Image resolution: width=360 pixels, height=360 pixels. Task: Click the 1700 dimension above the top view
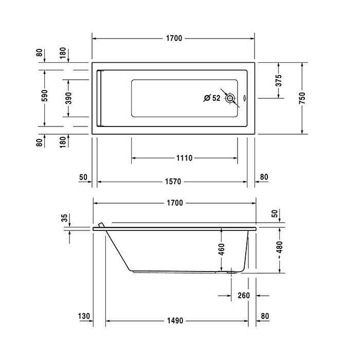point(174,39)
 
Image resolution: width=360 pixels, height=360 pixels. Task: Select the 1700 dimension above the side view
point(174,203)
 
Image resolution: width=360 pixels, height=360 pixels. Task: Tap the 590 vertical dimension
point(45,97)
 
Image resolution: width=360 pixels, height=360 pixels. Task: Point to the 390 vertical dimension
point(68,98)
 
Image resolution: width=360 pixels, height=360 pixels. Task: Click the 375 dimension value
point(278,80)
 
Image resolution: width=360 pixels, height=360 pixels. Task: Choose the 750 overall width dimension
point(302,98)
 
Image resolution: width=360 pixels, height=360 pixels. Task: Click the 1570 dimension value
point(174,182)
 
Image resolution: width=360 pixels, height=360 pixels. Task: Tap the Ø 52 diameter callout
point(211,98)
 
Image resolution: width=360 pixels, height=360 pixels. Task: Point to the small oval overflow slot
point(244,98)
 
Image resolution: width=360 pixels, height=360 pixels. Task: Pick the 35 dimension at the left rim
point(65,218)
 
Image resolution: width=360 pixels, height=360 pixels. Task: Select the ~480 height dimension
point(278,250)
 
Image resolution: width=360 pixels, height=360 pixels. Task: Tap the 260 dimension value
point(244,296)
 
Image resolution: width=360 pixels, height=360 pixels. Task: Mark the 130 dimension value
point(85,316)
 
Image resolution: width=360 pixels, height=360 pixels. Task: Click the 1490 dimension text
point(174,320)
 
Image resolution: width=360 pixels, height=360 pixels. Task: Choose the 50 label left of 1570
point(83,177)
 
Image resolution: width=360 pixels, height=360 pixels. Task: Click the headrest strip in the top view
point(100,98)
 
